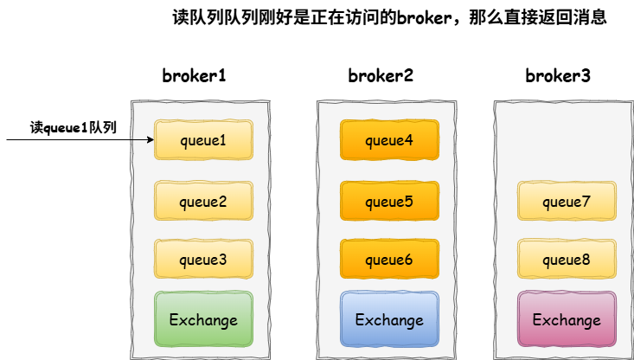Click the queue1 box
pos(203,139)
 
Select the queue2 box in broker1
pos(203,202)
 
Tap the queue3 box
pos(203,259)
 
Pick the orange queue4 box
pos(388,139)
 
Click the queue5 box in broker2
pos(388,202)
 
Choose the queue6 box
pos(388,259)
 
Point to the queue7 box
pos(566,202)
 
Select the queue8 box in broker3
pos(566,259)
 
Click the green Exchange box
pos(203,319)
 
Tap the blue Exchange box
pos(388,319)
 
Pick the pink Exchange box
pos(566,319)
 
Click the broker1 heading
pos(194,75)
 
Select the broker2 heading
pos(381,75)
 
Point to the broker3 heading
pos(558,75)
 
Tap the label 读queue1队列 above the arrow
pos(74,126)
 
